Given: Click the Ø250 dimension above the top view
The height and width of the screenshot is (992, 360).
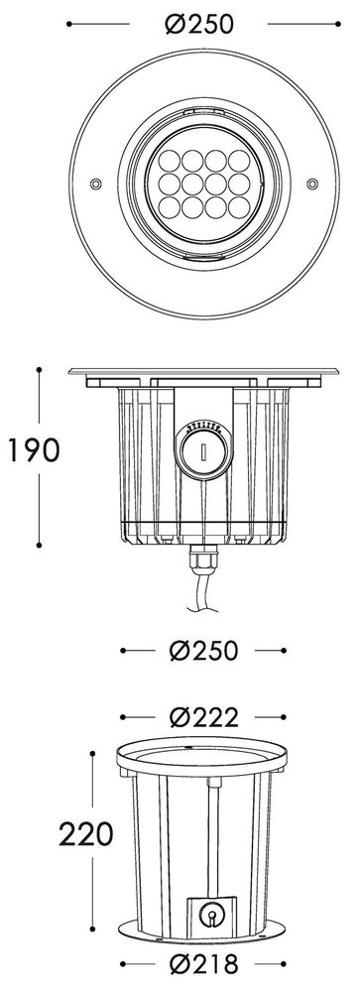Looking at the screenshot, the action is pyautogui.click(x=199, y=24).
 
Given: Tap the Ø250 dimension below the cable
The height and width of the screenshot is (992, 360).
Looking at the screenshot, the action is pyautogui.click(x=203, y=651).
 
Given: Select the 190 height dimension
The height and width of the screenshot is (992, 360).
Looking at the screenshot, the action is pyautogui.click(x=33, y=449).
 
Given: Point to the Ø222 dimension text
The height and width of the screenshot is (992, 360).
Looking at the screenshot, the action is pyautogui.click(x=203, y=717).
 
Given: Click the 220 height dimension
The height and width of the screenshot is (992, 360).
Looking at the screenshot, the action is pyautogui.click(x=86, y=834).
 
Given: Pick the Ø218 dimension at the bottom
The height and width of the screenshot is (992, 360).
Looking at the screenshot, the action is pyautogui.click(x=203, y=964).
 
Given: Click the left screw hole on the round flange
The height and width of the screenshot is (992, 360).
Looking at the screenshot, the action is pyautogui.click(x=95, y=184).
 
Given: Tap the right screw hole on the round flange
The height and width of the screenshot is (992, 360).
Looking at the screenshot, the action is pyautogui.click(x=312, y=184).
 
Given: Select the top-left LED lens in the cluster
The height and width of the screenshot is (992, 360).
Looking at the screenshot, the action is pyautogui.click(x=170, y=160).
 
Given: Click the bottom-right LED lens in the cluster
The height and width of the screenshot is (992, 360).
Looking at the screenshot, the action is pyautogui.click(x=239, y=207).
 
